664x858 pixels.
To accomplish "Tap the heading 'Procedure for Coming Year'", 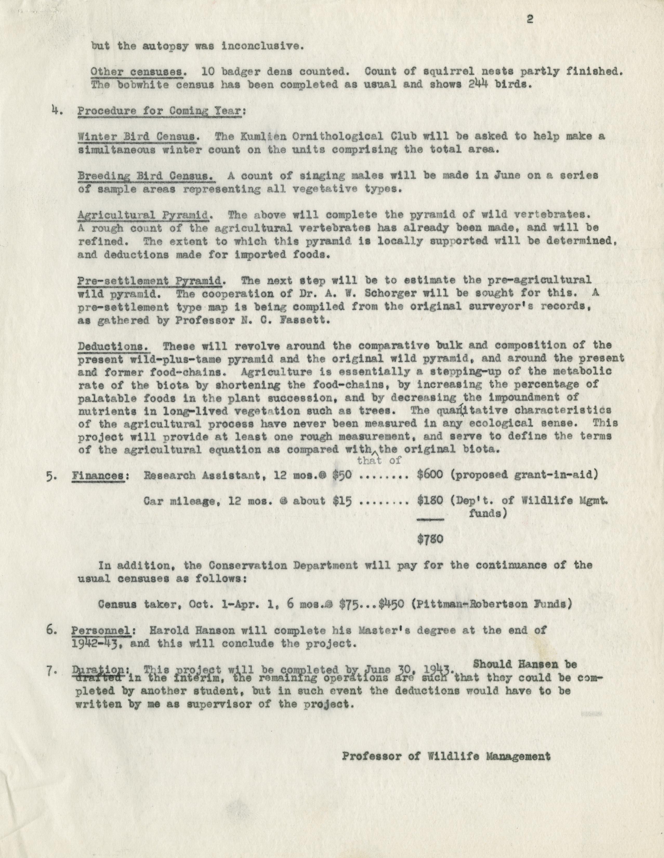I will coord(161,111).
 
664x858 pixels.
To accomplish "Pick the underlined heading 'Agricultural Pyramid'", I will coord(143,215).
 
